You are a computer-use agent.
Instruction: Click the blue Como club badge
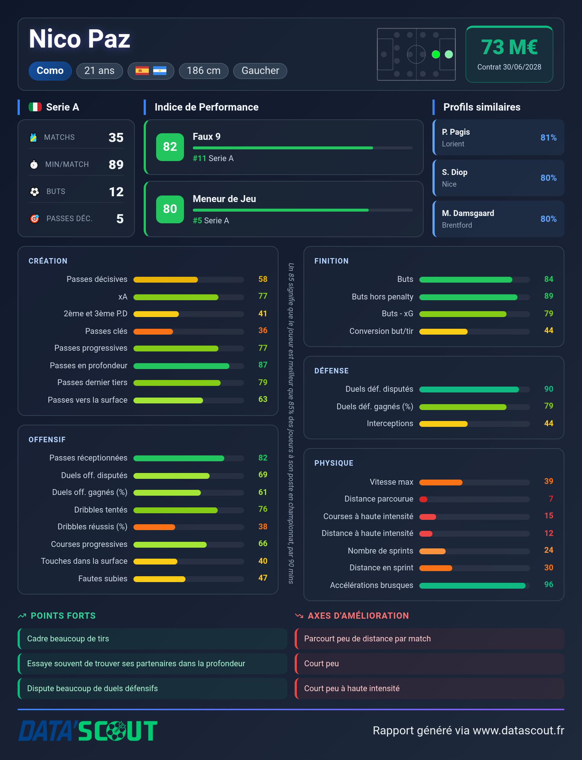click(x=50, y=71)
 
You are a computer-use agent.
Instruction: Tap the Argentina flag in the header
click(x=160, y=71)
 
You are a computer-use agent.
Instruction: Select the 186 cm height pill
click(x=204, y=71)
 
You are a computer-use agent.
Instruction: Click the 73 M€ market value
click(x=509, y=47)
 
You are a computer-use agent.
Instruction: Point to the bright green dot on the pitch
click(x=436, y=55)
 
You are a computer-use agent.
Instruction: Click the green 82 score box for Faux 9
click(x=170, y=147)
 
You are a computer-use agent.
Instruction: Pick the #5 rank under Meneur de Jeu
click(x=197, y=220)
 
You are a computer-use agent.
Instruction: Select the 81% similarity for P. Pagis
click(x=548, y=138)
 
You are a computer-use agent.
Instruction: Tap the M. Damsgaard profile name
click(x=468, y=213)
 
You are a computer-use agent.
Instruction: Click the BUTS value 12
click(x=116, y=191)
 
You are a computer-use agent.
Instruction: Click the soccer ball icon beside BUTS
click(x=35, y=191)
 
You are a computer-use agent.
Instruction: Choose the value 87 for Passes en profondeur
click(x=263, y=365)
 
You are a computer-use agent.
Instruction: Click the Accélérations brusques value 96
click(x=549, y=584)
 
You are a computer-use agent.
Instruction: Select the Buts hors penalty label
click(x=383, y=297)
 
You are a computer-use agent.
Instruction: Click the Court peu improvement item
click(x=429, y=664)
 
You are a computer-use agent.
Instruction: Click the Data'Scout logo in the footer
click(x=88, y=731)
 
